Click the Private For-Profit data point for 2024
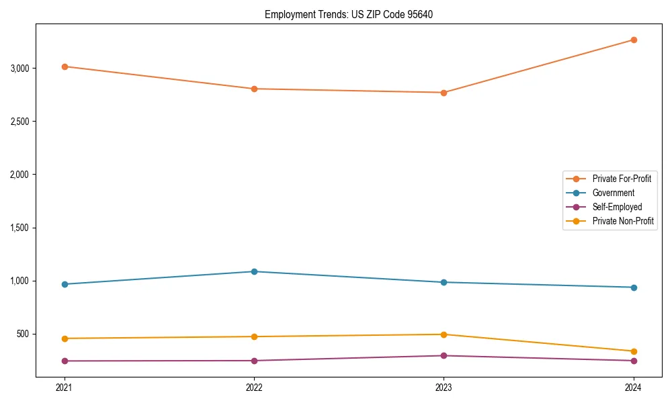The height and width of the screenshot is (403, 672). [634, 40]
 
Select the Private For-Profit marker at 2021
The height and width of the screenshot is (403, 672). [65, 66]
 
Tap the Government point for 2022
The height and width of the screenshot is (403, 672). [254, 271]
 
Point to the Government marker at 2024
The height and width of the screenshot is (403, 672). [634, 287]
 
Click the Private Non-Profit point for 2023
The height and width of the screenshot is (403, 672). [444, 334]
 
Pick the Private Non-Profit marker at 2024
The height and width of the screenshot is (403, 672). [634, 351]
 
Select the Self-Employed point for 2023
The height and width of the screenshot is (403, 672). [444, 355]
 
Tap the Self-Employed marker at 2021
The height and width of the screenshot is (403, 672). [65, 361]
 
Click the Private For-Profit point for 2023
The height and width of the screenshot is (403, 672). [444, 93]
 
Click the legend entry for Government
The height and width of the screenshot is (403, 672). [613, 193]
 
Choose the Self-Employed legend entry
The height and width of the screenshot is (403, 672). [617, 207]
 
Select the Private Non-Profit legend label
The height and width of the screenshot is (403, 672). [623, 221]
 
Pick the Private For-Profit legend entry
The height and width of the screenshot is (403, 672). [622, 179]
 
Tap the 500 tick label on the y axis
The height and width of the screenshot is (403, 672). [24, 334]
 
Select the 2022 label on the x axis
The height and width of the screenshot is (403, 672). [254, 387]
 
